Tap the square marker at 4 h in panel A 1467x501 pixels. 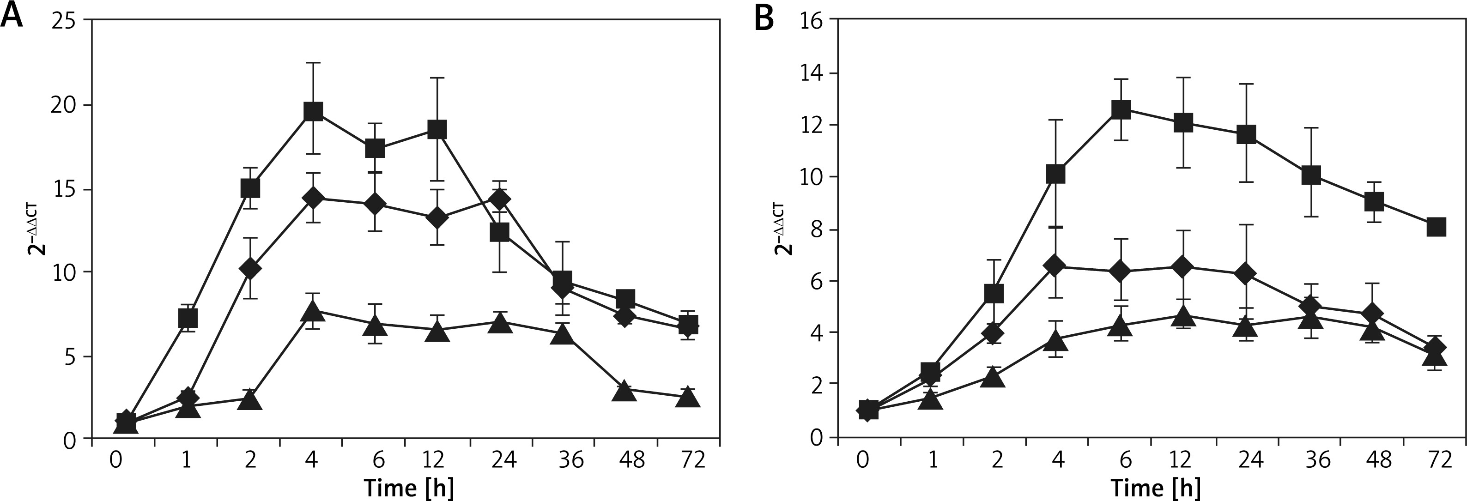click(313, 112)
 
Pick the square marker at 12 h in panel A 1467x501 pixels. click(437, 129)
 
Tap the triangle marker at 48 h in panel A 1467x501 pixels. click(624, 391)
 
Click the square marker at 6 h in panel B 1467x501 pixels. click(1121, 109)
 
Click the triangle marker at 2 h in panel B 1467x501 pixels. click(994, 377)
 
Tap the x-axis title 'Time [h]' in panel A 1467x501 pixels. click(409, 488)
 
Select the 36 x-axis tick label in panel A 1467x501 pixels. click(570, 459)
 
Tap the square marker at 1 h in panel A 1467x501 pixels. click(188, 318)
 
